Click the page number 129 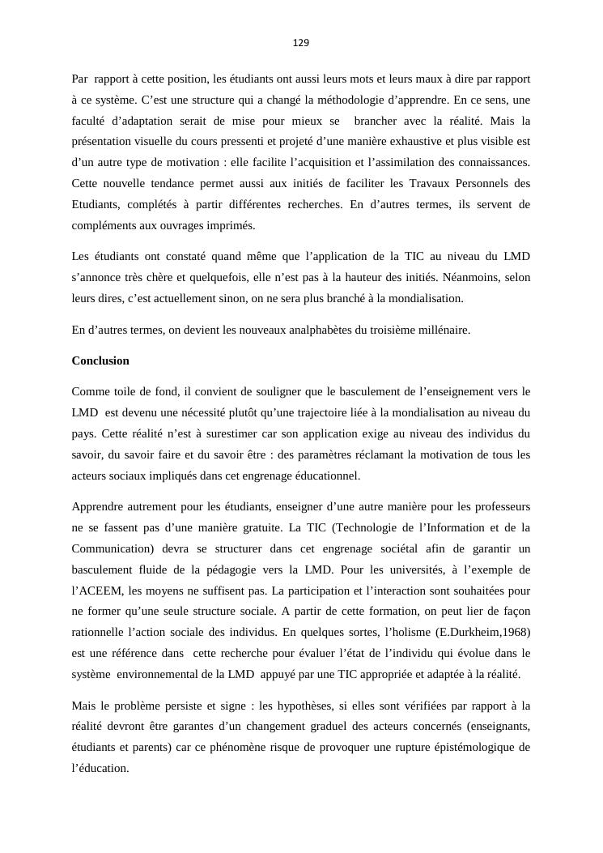[x=301, y=42]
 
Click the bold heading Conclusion [x=100, y=360]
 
